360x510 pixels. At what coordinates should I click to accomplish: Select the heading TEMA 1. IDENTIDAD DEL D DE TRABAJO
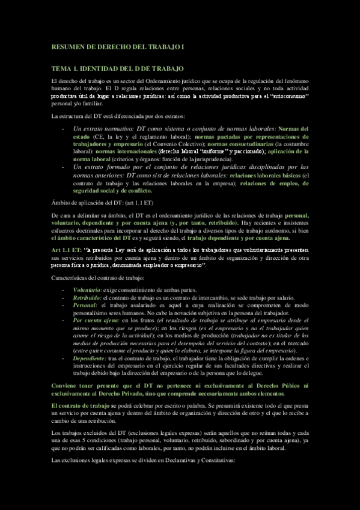point(117,70)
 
